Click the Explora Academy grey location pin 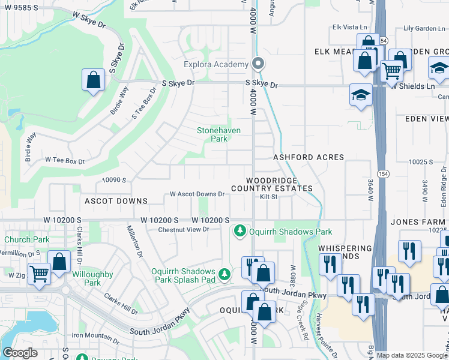coord(258,63)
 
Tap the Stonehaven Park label coord(212,134)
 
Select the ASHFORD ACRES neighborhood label coord(309,157)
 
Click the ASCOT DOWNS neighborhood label coord(116,201)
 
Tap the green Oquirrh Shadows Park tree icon coord(240,230)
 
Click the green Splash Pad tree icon coord(224,274)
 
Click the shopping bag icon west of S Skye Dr coord(94,79)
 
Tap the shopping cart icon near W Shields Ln coord(391,71)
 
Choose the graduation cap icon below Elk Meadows coord(361,95)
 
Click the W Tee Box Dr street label coord(65,161)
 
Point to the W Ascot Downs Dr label coord(197,194)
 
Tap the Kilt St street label coord(268,197)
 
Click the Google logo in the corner coord(19,353)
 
